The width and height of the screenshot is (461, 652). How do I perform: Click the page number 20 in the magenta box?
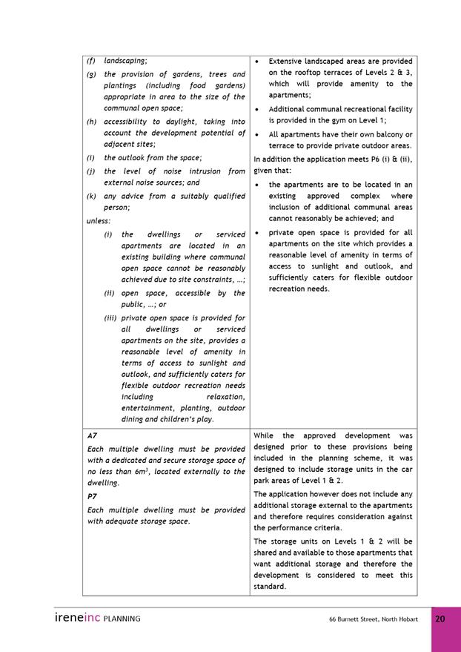click(440, 619)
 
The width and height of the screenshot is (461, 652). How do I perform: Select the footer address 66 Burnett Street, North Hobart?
click(374, 619)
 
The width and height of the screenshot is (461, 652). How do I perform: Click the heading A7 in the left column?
click(92, 437)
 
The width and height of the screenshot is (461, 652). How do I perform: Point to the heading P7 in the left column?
click(92, 495)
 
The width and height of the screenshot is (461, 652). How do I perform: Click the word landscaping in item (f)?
click(125, 61)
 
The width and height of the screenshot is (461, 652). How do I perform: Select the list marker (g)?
click(91, 74)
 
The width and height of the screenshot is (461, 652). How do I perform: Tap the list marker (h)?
click(91, 122)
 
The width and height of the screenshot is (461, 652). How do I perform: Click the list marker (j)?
click(90, 171)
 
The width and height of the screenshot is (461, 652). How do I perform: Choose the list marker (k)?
click(91, 196)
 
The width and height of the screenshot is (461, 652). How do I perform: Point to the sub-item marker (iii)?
click(110, 318)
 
